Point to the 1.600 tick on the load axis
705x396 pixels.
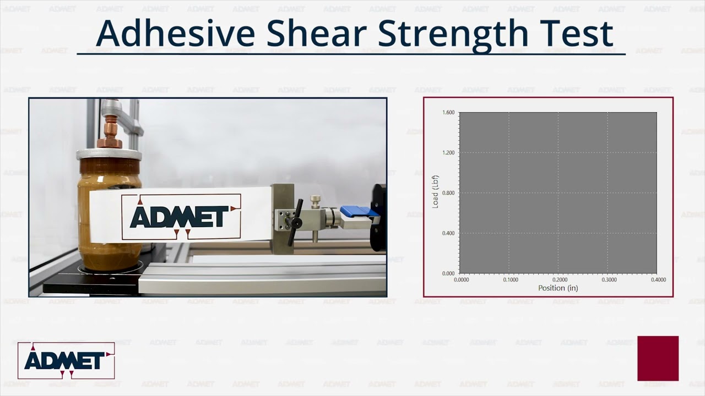point(448,113)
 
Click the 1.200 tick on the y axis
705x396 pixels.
point(448,153)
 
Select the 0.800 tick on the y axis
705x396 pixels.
point(448,193)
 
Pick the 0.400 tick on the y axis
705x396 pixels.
point(448,233)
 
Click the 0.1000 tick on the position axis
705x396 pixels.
point(510,280)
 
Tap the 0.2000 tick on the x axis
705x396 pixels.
point(560,280)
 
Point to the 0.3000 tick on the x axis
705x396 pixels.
point(609,280)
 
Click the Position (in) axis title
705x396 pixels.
point(558,288)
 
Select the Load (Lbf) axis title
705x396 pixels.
point(435,193)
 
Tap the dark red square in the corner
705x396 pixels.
point(658,358)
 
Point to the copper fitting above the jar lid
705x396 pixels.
point(110,132)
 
